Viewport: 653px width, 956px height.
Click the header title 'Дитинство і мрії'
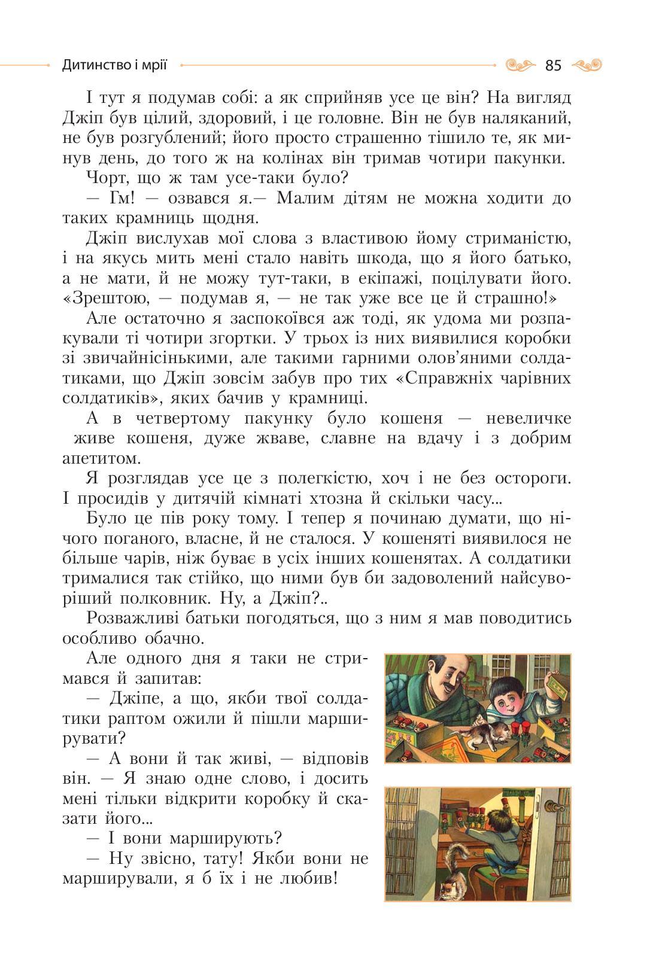click(x=114, y=65)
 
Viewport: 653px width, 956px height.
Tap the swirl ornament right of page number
click(x=587, y=65)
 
